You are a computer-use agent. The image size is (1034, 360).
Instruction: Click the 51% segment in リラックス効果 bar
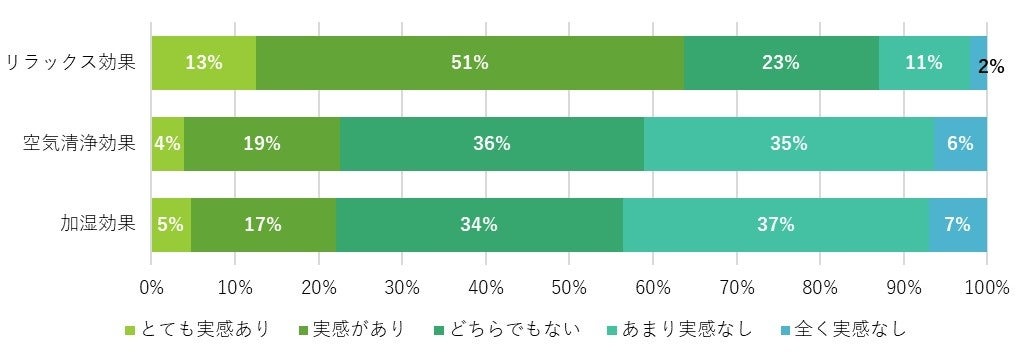click(x=469, y=63)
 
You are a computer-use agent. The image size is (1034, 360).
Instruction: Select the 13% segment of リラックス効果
click(x=203, y=63)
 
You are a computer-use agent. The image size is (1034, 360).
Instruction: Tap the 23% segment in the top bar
click(x=780, y=63)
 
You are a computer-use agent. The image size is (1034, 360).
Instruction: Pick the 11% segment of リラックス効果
click(x=923, y=63)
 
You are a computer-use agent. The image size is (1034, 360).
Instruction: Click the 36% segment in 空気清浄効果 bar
click(x=491, y=143)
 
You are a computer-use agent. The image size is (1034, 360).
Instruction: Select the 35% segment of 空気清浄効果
click(x=788, y=143)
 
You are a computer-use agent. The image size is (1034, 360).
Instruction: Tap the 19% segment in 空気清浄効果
click(x=262, y=143)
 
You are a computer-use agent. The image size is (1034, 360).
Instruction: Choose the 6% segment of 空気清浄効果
click(x=960, y=143)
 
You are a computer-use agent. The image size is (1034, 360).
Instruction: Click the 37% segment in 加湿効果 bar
click(x=775, y=224)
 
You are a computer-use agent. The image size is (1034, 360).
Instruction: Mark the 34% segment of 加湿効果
click(x=479, y=224)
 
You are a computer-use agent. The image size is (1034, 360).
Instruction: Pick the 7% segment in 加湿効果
click(x=957, y=224)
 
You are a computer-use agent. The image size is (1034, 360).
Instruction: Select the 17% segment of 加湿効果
click(x=263, y=224)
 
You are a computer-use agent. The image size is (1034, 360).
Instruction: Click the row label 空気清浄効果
click(x=79, y=143)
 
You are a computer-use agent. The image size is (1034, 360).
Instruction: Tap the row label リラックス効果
click(x=70, y=63)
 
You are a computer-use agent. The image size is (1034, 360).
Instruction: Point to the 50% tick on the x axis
click(x=569, y=288)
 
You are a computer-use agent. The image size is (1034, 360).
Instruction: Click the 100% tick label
click(x=986, y=288)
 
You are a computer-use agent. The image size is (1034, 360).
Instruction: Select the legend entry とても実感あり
click(x=196, y=329)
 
